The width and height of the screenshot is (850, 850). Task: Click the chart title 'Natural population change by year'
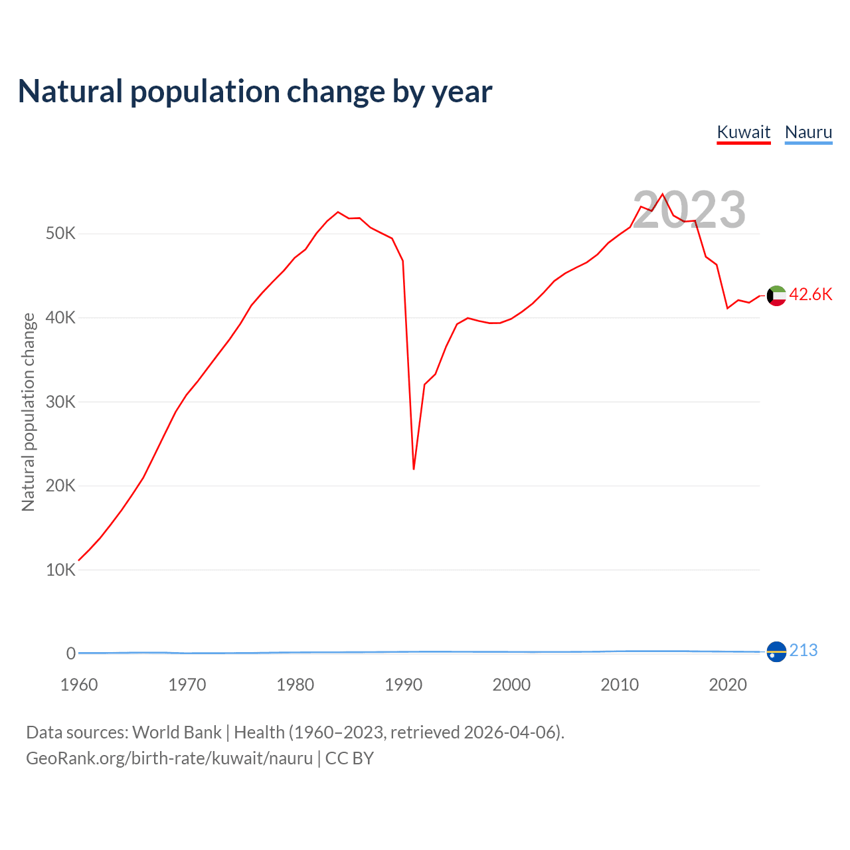(x=255, y=92)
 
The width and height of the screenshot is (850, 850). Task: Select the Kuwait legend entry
(x=744, y=132)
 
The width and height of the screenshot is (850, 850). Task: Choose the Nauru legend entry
(x=808, y=132)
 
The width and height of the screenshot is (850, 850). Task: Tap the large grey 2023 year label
(x=689, y=210)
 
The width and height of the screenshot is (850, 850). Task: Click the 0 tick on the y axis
(x=70, y=654)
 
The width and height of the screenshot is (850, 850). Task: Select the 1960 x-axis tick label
(x=79, y=685)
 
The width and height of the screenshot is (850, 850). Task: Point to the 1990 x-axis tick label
(x=404, y=685)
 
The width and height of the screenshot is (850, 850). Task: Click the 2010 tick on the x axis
(x=620, y=685)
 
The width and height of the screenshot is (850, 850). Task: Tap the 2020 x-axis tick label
(x=728, y=685)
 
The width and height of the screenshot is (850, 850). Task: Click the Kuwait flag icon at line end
(x=776, y=296)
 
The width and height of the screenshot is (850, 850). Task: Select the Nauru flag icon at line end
(x=776, y=652)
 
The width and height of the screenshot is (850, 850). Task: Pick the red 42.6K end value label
(x=811, y=295)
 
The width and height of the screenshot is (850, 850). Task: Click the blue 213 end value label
(x=804, y=651)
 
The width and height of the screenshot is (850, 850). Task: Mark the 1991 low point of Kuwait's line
(x=414, y=469)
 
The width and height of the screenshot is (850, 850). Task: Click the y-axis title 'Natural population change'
(x=29, y=412)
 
